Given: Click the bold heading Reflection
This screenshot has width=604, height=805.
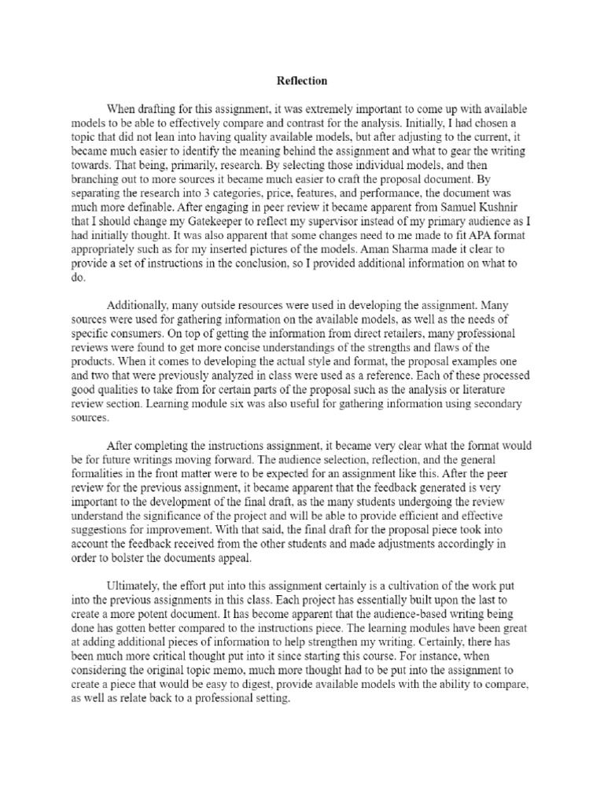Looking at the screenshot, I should tap(302, 81).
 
